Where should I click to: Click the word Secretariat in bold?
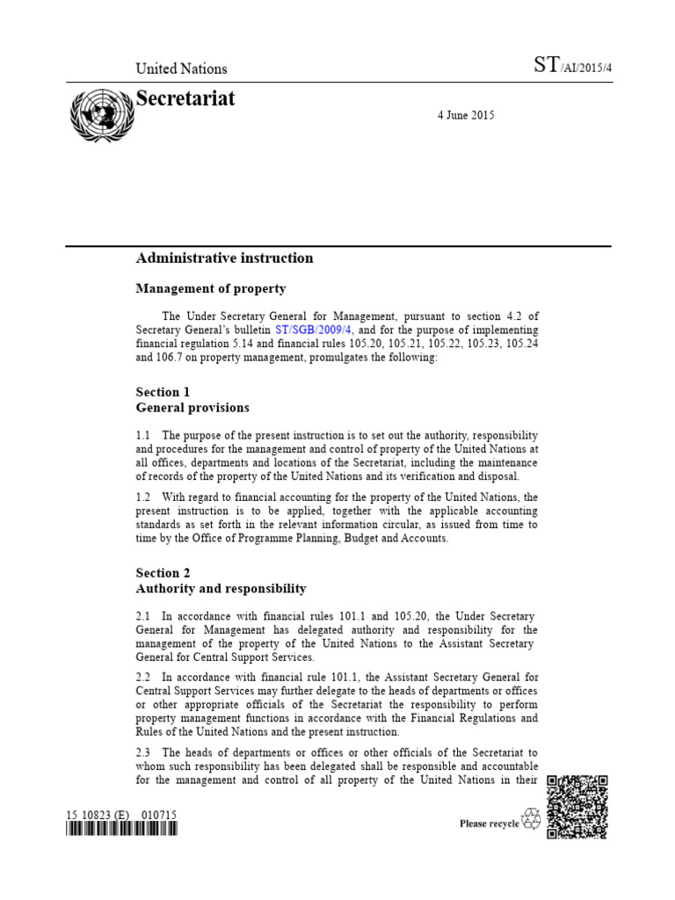(185, 98)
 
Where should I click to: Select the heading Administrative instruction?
(224, 258)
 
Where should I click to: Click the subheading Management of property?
(210, 288)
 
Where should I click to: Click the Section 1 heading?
(163, 392)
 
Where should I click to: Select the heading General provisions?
(192, 408)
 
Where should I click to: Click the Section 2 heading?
(163, 572)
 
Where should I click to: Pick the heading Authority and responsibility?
(221, 588)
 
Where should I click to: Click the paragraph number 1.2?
(144, 497)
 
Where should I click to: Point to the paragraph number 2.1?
(144, 616)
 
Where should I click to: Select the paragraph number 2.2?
(144, 677)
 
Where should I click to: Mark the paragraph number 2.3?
(144, 752)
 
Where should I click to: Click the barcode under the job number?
(122, 830)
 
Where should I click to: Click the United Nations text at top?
(181, 69)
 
